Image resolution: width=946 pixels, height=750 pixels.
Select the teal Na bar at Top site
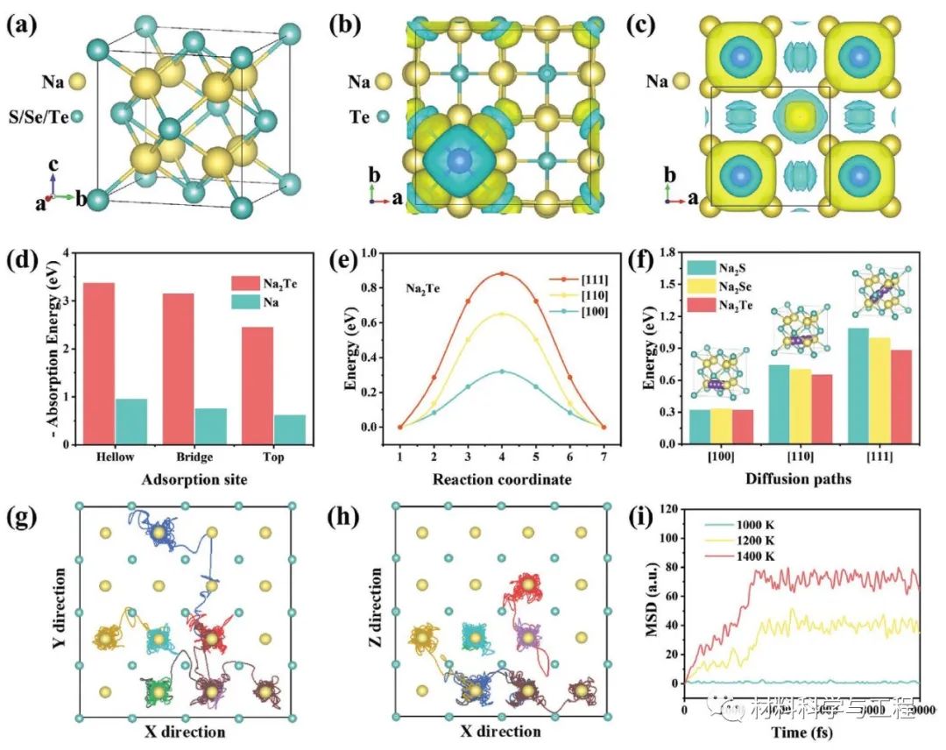coord(290,428)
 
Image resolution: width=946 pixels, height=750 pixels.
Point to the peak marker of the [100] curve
coord(502,371)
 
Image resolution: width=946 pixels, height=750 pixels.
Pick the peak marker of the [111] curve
coord(502,273)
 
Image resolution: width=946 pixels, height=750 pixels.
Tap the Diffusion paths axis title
coord(787,479)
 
